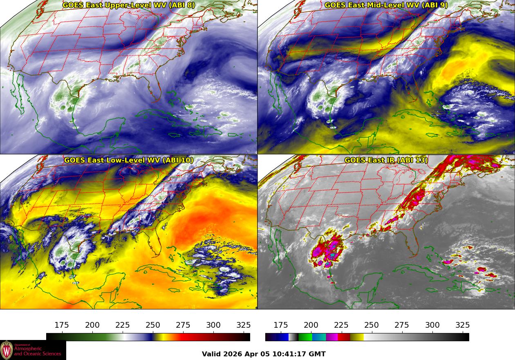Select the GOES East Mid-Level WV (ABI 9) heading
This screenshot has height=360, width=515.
[x=386, y=5]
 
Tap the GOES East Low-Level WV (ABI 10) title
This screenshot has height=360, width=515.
[x=129, y=160]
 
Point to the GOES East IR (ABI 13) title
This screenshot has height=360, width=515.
[x=386, y=160]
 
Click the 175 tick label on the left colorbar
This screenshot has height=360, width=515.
[x=62, y=325]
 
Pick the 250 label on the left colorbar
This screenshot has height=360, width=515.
[x=153, y=325]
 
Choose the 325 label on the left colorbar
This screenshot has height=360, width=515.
[x=244, y=325]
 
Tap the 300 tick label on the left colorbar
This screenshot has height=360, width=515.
[x=213, y=325]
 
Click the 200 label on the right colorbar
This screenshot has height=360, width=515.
[x=311, y=325]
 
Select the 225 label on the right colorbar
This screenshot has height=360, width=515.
[x=341, y=325]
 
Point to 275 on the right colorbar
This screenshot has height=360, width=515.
[x=402, y=325]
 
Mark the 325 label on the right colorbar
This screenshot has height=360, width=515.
[x=462, y=325]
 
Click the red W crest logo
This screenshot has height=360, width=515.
[x=7, y=350]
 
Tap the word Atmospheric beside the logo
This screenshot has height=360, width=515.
[x=29, y=349]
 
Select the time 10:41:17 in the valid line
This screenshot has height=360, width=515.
[x=288, y=354]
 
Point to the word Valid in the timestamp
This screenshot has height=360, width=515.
[x=211, y=354]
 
